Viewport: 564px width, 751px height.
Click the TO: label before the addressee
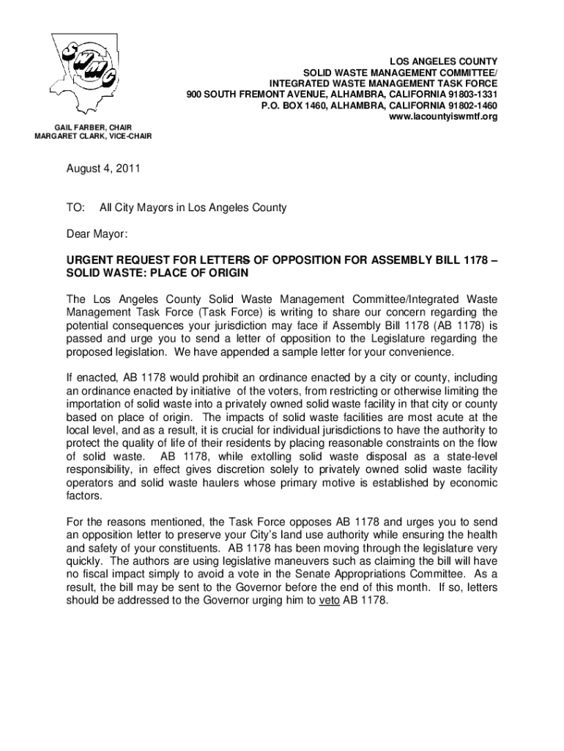pyautogui.click(x=76, y=208)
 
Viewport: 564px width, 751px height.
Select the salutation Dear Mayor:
pyautogui.click(x=97, y=235)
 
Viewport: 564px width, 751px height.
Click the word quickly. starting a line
pyautogui.click(x=86, y=560)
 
